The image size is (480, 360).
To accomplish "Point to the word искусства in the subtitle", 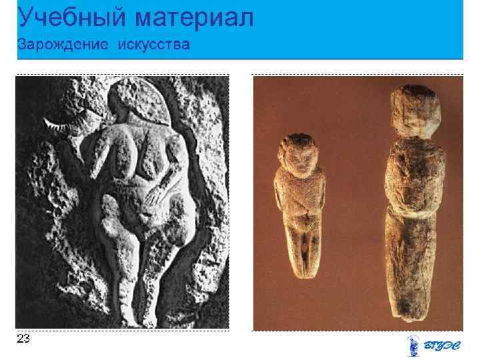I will (x=154, y=45).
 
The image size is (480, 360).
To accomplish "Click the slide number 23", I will (x=23, y=339).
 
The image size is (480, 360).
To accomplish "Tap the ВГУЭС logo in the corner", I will (x=433, y=345).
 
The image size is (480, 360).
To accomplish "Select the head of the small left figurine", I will (x=297, y=153).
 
